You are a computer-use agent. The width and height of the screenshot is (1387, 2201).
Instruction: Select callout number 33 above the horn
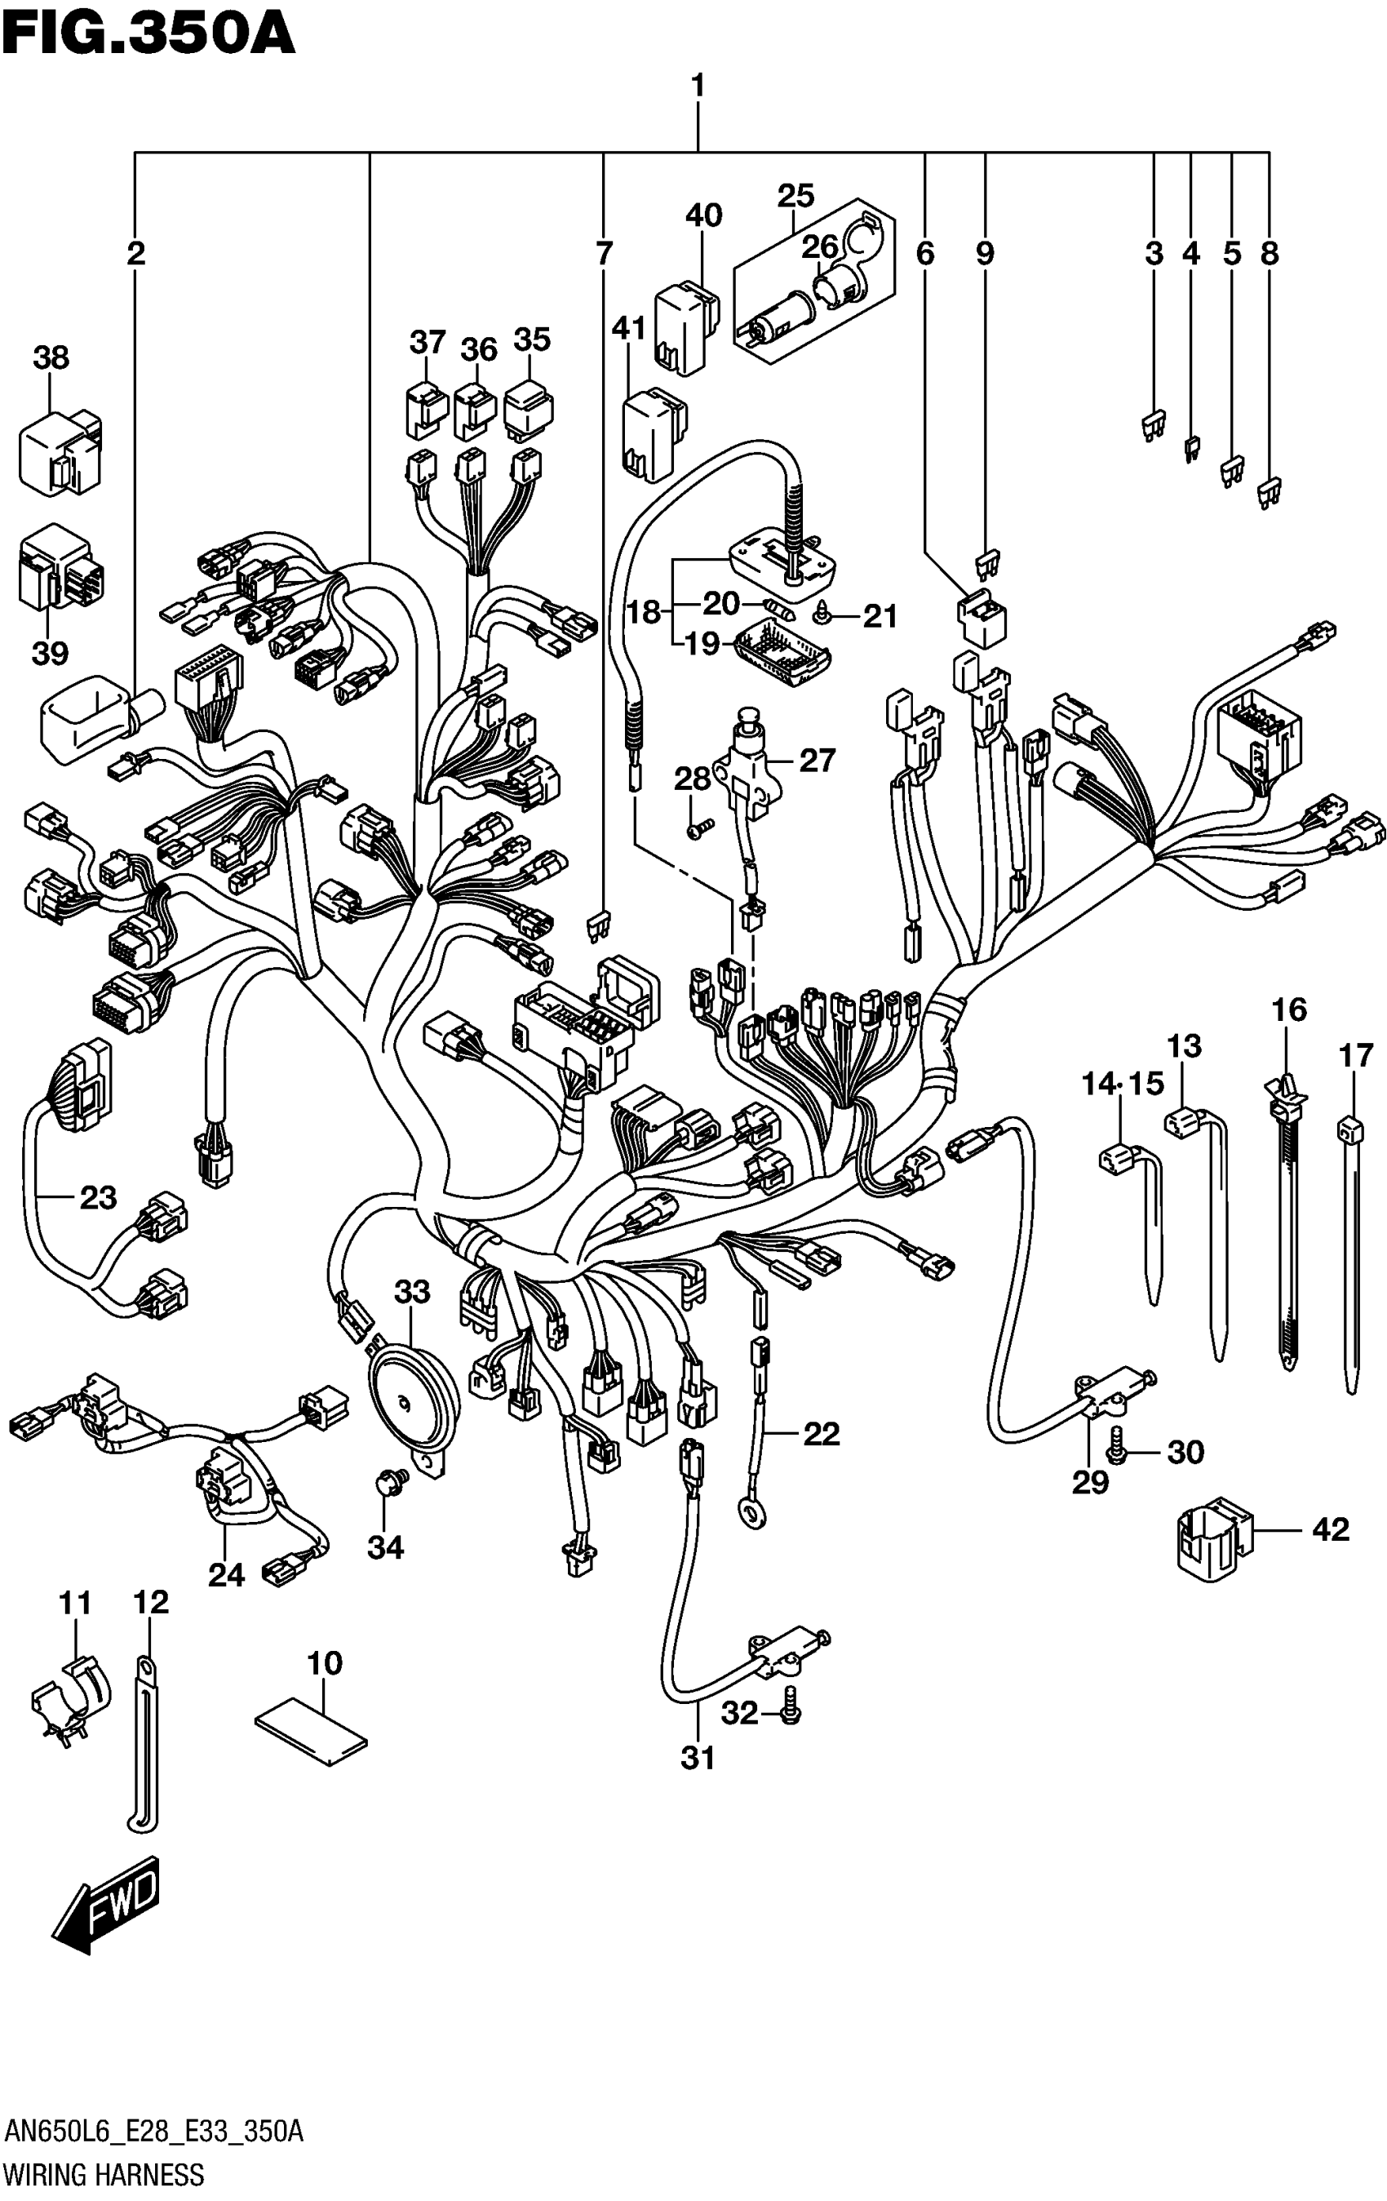tap(411, 1292)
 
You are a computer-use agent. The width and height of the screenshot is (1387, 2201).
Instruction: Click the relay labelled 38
tap(60, 450)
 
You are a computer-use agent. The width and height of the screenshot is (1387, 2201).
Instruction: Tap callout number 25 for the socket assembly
tap(795, 196)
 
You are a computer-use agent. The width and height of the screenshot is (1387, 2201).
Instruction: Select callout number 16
tap(1288, 1010)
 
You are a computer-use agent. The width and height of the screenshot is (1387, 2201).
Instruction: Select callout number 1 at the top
tap(697, 87)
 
